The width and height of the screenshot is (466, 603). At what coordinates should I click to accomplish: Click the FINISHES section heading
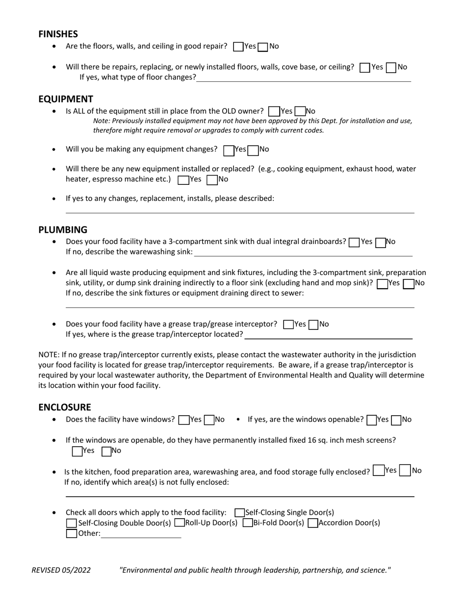58,34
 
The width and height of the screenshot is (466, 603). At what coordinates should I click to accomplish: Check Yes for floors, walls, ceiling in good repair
238,47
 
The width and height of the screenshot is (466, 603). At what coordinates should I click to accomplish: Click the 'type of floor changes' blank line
303,77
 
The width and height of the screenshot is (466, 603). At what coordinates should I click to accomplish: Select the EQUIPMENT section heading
66,99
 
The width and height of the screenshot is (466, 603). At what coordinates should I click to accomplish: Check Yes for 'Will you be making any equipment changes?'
228,151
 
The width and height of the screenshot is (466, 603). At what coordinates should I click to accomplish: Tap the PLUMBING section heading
63,229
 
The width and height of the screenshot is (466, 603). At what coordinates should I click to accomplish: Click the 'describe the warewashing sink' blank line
303,252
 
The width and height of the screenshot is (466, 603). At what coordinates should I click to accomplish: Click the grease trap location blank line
329,335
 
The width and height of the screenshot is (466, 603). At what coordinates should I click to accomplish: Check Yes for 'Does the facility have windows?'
184,420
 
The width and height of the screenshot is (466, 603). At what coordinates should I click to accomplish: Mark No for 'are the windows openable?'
396,420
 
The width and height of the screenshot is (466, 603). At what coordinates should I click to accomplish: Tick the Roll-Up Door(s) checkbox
180,523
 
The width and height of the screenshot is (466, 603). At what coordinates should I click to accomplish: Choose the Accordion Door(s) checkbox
313,523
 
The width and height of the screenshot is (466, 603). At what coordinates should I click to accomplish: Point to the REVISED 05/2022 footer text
61,570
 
